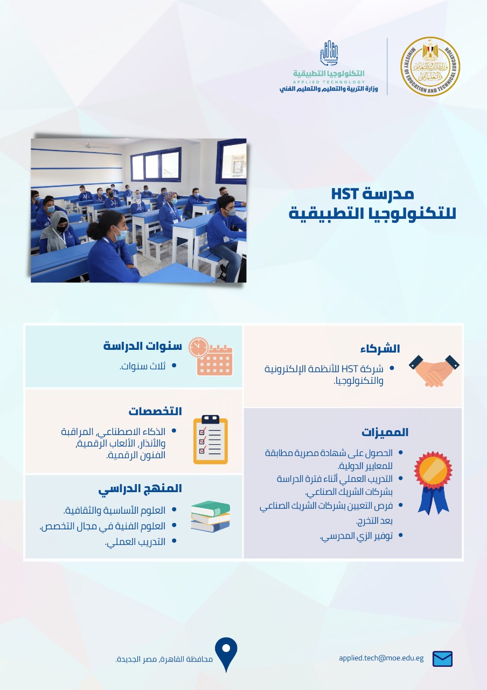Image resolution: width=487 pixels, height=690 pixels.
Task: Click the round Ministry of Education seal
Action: coord(430,66)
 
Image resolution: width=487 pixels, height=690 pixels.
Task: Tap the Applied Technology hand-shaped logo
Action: coord(329,53)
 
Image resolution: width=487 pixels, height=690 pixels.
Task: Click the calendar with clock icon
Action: coord(211,356)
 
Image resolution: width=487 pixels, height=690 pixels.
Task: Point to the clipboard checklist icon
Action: coord(211,439)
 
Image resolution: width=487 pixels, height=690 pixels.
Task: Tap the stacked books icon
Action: coord(211,516)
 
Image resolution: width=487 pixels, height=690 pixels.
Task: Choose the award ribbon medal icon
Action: coord(433,482)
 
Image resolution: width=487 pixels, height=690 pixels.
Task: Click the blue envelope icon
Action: coord(442,659)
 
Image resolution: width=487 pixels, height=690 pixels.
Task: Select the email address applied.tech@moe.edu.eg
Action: coord(381,658)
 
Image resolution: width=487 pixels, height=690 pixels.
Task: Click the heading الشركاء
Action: coord(380,349)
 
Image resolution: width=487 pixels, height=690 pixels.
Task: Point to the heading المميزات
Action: coord(385,432)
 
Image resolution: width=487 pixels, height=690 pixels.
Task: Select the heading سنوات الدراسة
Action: coord(143,346)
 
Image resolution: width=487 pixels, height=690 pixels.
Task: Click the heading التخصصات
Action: coord(155,411)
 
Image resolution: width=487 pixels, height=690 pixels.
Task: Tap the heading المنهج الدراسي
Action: coord(140,489)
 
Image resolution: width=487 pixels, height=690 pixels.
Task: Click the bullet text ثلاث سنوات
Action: coord(143,366)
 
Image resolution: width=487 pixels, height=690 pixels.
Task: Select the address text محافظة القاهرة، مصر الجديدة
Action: coord(164,659)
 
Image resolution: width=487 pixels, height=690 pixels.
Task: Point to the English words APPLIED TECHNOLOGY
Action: coord(329,82)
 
